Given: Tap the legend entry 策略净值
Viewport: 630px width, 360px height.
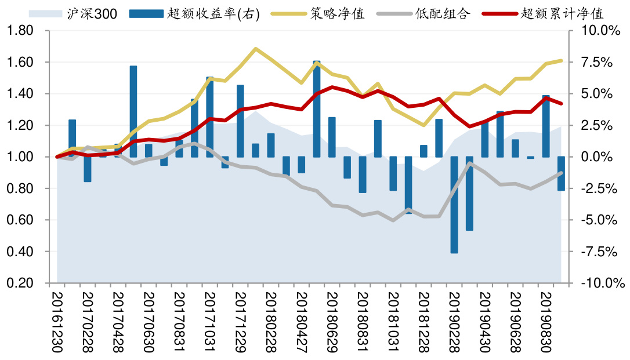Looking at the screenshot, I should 336,13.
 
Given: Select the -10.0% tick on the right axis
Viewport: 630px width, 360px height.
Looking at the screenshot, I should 600,283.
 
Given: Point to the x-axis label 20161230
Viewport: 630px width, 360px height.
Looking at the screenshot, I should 57,322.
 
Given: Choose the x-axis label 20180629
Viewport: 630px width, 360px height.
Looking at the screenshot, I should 332,322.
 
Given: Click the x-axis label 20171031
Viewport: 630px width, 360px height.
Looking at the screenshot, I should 210,322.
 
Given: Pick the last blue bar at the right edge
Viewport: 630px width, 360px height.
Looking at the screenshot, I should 562,173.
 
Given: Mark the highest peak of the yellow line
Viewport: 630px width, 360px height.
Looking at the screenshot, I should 256,49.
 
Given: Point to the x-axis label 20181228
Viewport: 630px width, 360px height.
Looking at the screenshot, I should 423,322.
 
